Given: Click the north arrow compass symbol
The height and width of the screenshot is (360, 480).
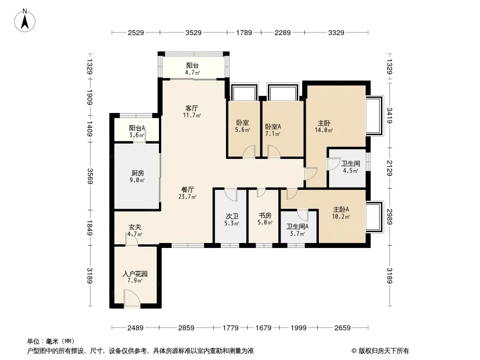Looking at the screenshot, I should (x=26, y=20).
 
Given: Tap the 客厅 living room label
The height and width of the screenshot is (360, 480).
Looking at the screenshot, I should (x=192, y=108).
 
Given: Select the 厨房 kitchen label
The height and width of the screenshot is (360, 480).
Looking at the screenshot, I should (x=138, y=173).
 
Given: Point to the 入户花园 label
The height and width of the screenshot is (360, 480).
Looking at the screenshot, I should (x=135, y=274).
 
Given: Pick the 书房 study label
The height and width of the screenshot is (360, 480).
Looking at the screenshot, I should (x=265, y=216).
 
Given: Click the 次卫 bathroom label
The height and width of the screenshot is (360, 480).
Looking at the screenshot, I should (x=232, y=216).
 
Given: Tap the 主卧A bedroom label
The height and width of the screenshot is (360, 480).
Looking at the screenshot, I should (x=341, y=209).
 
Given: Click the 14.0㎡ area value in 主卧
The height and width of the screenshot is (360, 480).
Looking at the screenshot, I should (x=324, y=130).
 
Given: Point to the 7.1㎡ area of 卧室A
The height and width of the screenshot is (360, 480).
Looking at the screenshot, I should (x=272, y=134).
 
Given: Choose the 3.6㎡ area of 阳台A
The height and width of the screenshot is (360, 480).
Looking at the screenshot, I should (x=137, y=135).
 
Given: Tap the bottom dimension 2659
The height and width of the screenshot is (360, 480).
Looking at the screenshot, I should (x=342, y=328).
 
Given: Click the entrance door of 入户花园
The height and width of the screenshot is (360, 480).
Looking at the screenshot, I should (x=131, y=299).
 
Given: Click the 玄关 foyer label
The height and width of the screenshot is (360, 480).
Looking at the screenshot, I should (x=135, y=227).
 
